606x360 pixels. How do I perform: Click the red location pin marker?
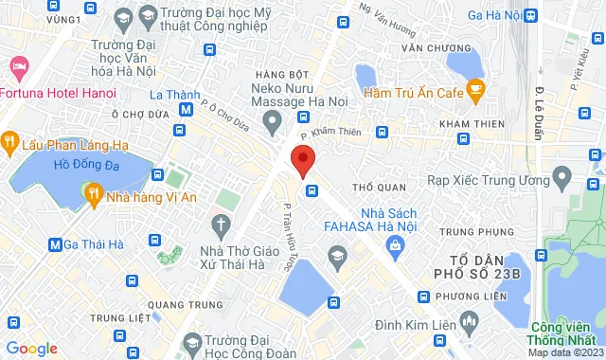(302, 160)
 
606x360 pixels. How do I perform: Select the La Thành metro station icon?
(187, 109)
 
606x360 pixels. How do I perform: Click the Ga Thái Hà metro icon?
(55, 244)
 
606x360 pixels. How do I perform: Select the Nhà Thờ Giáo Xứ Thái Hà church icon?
(222, 225)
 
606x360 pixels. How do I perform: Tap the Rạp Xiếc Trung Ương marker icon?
(561, 177)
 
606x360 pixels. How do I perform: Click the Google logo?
(31, 348)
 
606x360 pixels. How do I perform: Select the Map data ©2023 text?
(563, 352)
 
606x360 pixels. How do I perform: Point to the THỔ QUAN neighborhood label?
(371, 187)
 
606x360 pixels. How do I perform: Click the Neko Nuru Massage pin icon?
(273, 120)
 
